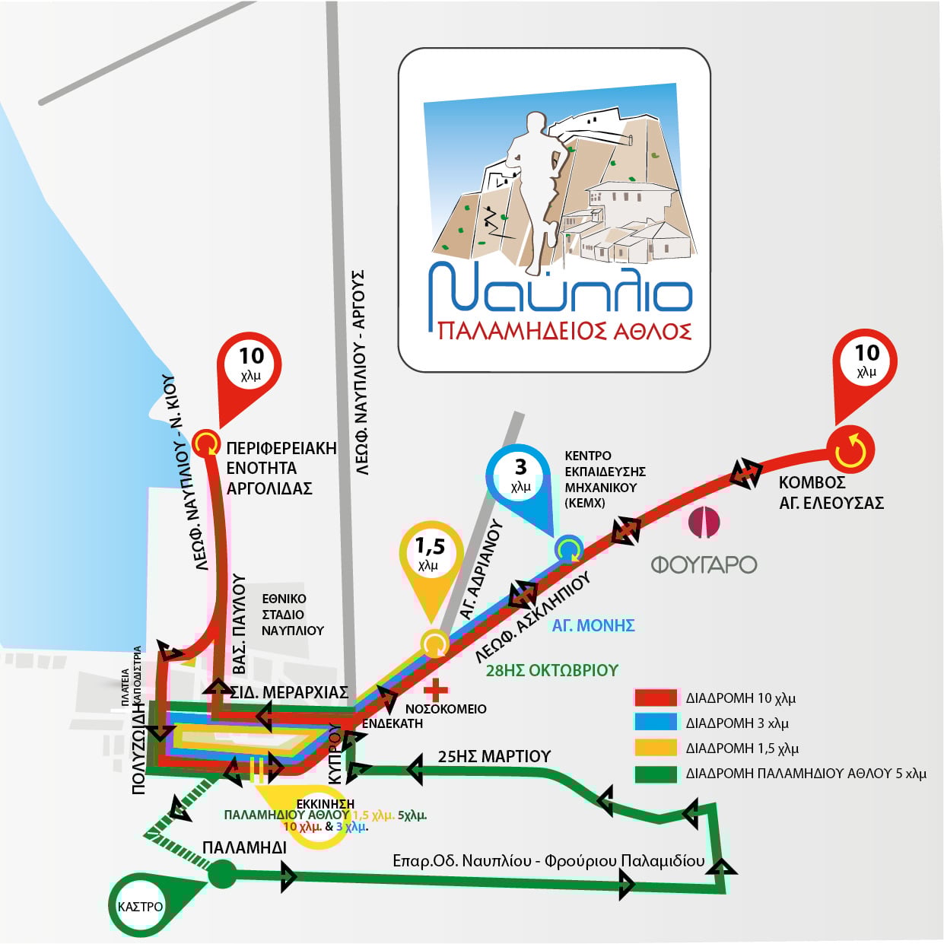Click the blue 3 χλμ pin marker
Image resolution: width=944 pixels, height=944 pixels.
520,475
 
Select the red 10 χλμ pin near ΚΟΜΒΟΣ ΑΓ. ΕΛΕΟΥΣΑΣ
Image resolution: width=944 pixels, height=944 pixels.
866,361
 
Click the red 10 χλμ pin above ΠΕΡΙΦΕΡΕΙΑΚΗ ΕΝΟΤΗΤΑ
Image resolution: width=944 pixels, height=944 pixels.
250,364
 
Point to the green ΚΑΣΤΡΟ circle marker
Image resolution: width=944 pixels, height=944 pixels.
141,906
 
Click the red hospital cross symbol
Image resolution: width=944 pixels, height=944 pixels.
436,691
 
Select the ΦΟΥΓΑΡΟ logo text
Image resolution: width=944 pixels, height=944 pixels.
704,564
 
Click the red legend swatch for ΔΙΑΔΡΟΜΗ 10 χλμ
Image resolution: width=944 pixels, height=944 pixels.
655,698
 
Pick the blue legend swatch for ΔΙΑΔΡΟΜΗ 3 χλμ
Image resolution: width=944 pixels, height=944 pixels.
655,723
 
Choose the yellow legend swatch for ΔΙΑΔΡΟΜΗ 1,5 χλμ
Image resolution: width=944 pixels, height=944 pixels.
655,748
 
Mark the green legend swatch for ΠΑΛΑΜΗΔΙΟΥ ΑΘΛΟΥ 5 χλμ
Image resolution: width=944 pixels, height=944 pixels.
655,774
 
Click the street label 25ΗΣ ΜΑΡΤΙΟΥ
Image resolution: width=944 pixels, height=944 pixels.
494,756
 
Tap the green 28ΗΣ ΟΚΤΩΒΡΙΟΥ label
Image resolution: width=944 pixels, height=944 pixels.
551,670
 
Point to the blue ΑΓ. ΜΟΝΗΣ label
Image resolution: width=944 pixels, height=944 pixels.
593,625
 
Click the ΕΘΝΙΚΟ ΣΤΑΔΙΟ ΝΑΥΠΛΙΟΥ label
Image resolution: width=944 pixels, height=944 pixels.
292,615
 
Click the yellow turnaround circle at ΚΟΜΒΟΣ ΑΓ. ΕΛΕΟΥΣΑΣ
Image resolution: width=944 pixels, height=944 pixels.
850,450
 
